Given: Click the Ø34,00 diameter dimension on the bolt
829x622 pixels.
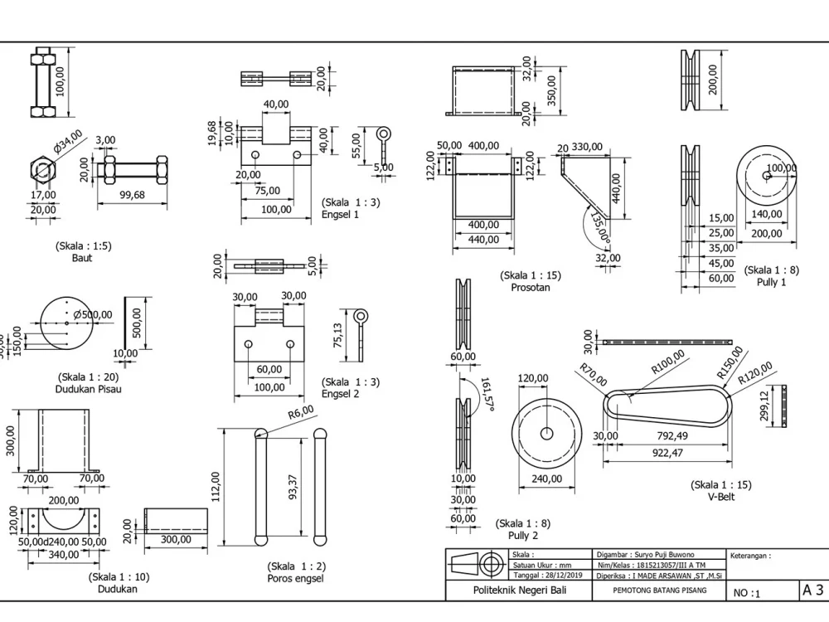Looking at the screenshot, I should tap(69, 141).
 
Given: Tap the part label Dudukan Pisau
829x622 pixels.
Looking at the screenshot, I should tap(88, 388).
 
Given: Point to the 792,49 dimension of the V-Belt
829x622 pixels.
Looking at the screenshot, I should tap(671, 436).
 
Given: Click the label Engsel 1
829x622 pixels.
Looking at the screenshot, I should tap(340, 214).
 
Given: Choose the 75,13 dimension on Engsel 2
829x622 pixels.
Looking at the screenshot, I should tap(337, 338).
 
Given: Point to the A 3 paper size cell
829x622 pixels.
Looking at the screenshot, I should tap(812, 590).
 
